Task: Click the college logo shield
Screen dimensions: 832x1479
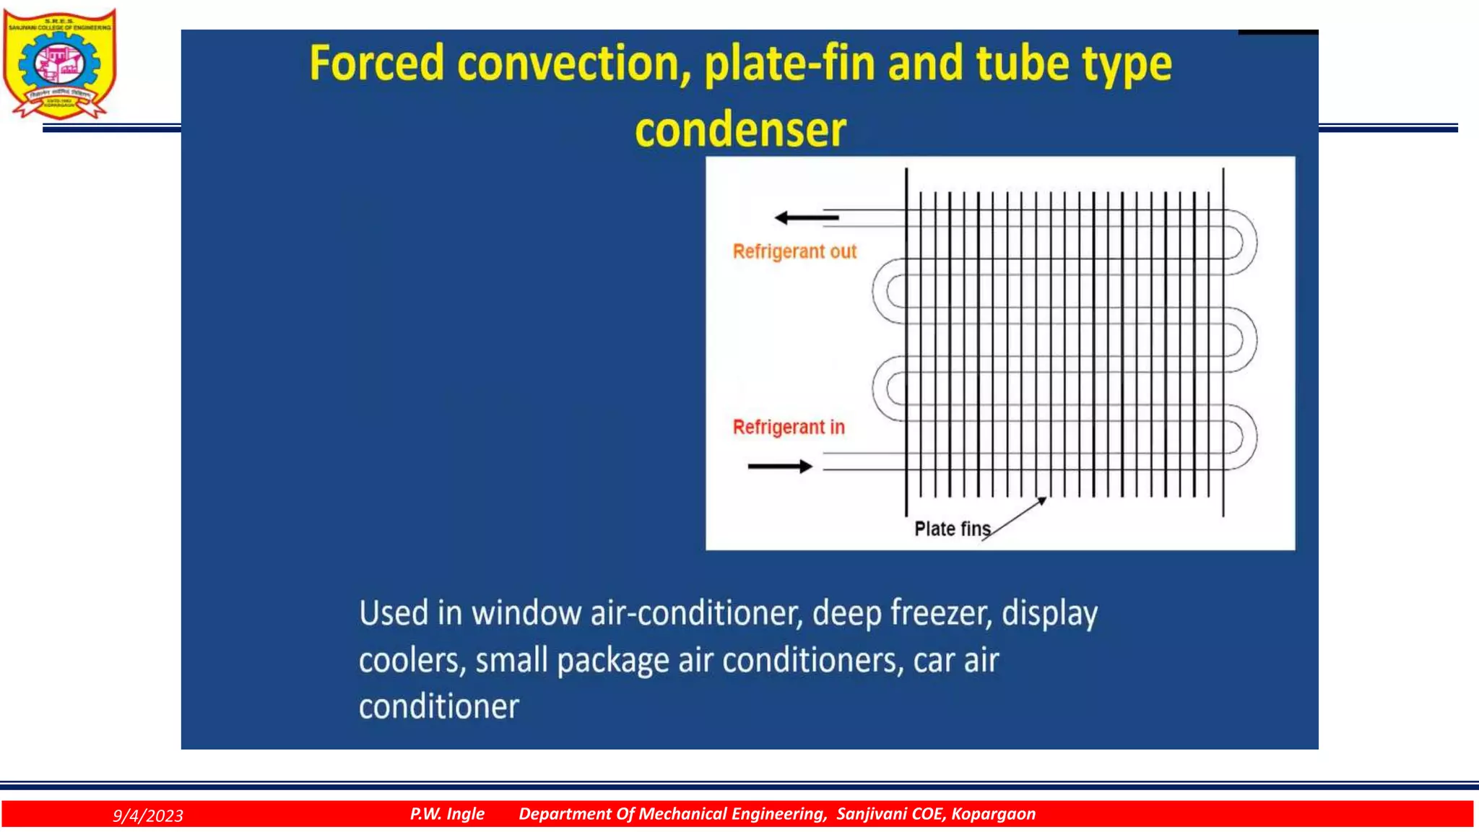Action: (x=59, y=64)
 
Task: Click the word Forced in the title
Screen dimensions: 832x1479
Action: (x=376, y=64)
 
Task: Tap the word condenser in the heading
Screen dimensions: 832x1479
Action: (x=740, y=130)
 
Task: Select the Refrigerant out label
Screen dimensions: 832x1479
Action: (x=794, y=251)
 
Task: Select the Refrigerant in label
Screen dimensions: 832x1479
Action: (x=789, y=427)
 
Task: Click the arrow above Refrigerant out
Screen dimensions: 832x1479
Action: (x=806, y=217)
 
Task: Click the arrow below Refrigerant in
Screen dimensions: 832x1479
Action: (x=780, y=467)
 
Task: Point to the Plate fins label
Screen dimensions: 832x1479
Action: (x=952, y=529)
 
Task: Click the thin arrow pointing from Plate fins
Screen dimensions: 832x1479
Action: (x=1015, y=518)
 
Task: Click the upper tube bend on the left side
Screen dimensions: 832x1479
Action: (x=887, y=291)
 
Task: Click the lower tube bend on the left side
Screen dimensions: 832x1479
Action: (x=887, y=389)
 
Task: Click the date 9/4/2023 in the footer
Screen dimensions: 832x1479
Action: (x=148, y=815)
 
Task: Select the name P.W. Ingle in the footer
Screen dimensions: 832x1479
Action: (x=447, y=814)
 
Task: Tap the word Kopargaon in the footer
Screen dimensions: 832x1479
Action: (x=993, y=814)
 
